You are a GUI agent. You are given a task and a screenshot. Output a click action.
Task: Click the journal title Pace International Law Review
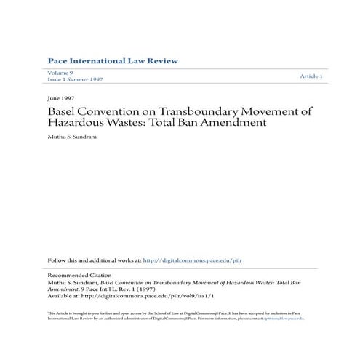click(112, 60)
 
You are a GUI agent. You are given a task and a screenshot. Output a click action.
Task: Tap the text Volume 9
click(61, 74)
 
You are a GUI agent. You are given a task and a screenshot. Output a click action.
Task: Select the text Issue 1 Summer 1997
click(76, 80)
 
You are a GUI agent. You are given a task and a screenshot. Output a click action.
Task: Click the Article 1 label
click(311, 76)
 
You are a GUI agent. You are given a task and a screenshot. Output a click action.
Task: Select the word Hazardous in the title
click(79, 124)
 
